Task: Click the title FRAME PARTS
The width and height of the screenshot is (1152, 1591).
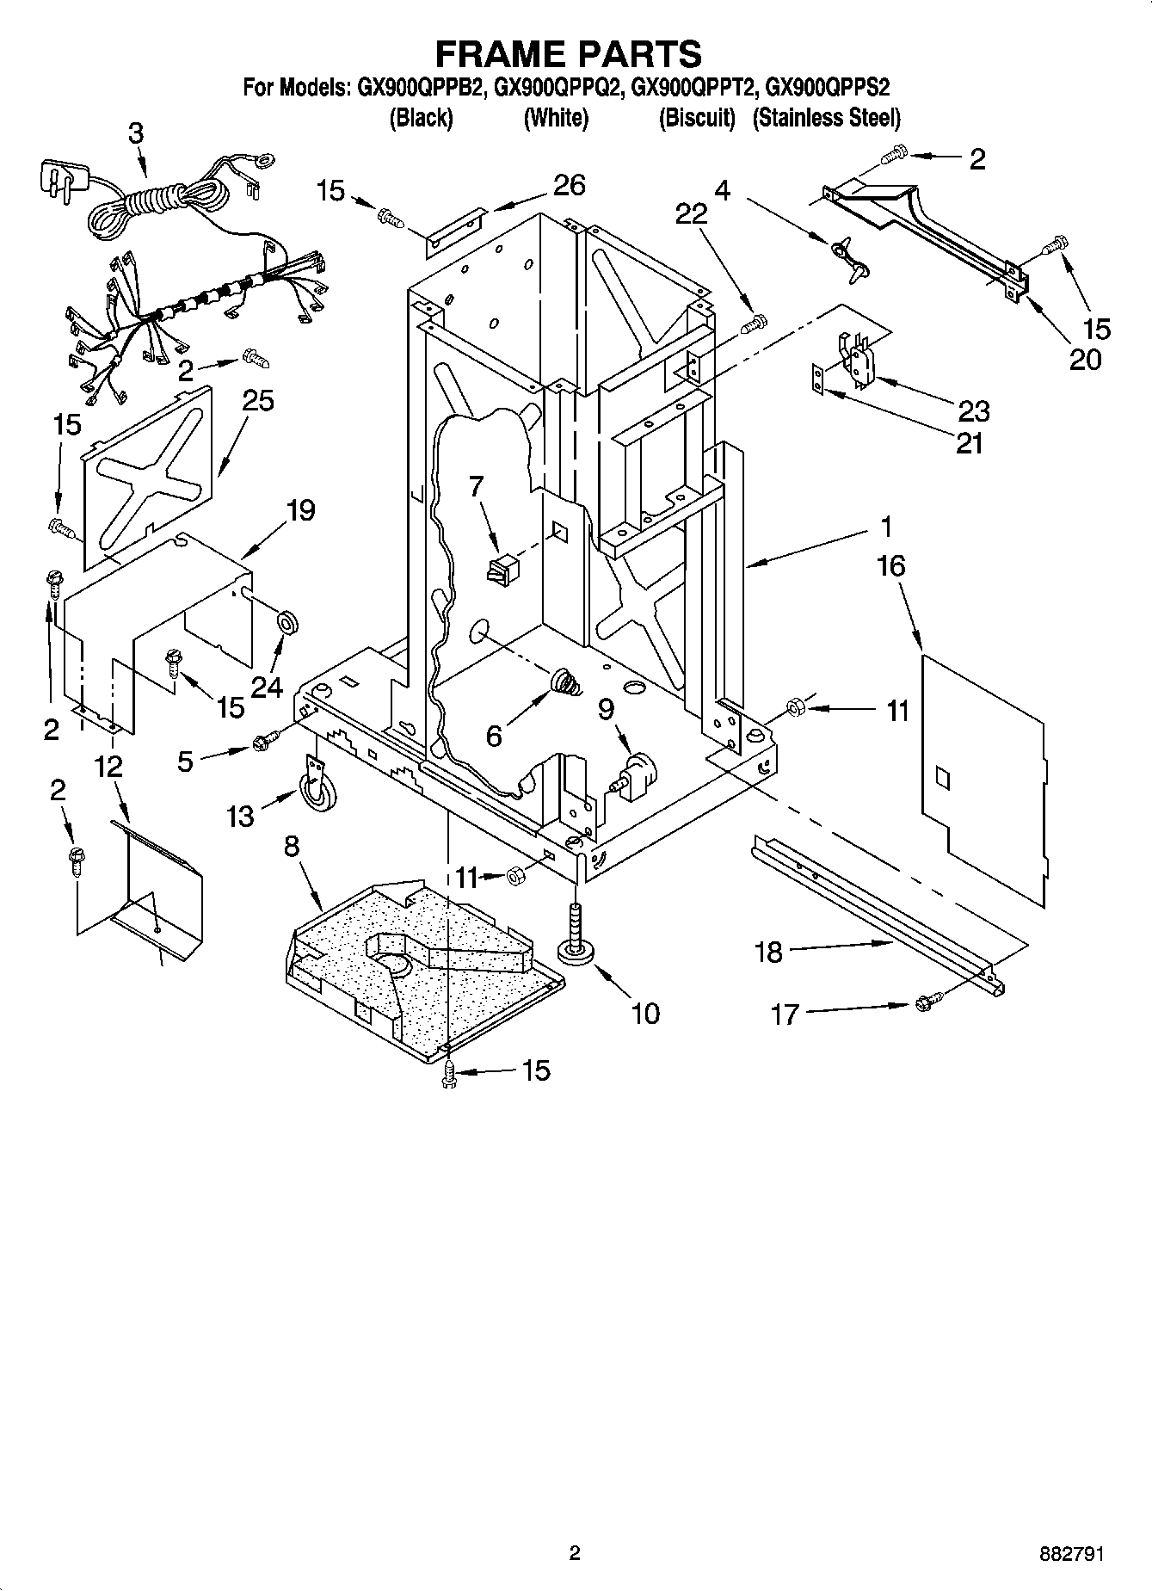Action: tap(568, 53)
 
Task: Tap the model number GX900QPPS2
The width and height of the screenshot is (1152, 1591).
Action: tap(827, 87)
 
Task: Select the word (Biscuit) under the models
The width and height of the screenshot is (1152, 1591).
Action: tap(696, 118)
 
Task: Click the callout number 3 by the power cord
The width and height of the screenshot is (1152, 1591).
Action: tap(136, 133)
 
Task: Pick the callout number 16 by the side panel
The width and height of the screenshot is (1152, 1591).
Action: tap(891, 566)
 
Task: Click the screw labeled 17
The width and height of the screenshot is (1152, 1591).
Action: tap(928, 1002)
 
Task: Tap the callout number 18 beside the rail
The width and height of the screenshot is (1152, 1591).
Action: tap(768, 952)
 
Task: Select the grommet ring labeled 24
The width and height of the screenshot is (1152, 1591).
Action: tap(286, 620)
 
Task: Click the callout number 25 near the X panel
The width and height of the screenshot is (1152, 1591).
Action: tap(257, 401)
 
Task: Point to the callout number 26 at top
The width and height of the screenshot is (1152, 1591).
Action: tap(569, 184)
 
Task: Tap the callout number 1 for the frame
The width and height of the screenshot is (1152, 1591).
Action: tap(886, 527)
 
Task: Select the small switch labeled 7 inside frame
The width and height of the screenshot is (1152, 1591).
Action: tap(502, 570)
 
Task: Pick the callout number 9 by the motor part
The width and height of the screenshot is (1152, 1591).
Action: tap(606, 709)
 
